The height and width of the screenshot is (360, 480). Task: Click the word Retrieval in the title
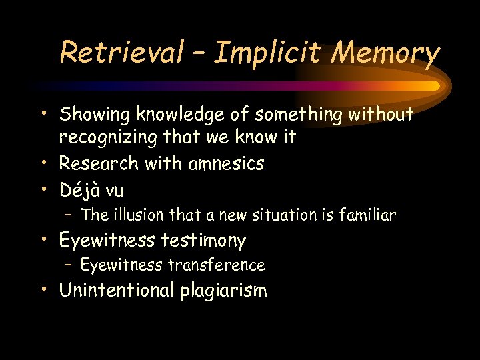coord(121,52)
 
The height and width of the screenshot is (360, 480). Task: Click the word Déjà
coord(79,190)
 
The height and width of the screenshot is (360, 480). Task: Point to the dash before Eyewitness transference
coord(69,265)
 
